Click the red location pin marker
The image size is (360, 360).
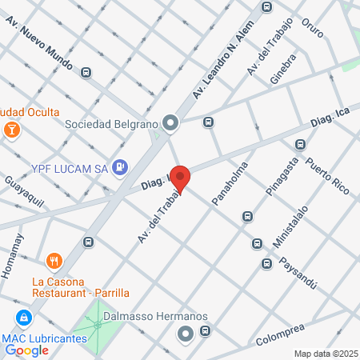click(x=180, y=178)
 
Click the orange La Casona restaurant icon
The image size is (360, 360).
click(x=54, y=259)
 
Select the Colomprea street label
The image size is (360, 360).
click(x=283, y=334)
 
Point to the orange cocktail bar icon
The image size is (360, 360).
click(x=12, y=130)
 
